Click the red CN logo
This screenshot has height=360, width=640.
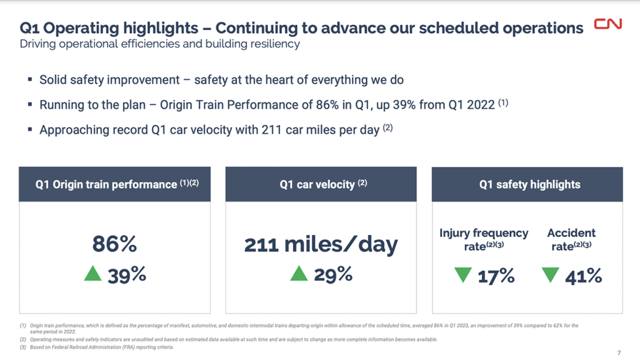(607, 25)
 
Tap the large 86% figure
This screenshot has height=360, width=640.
(114, 244)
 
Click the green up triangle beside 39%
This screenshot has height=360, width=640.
(92, 273)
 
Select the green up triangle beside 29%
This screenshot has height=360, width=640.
(299, 273)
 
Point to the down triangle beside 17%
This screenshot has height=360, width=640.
(463, 274)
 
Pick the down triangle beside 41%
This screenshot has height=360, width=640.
(551, 274)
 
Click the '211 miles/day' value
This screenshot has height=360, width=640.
(321, 244)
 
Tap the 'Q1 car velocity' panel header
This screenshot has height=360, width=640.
(321, 184)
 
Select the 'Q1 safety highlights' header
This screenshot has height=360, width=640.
(529, 184)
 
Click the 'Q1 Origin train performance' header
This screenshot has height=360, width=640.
(114, 184)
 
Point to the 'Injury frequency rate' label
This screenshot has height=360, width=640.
(483, 239)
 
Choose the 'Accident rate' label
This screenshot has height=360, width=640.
(571, 239)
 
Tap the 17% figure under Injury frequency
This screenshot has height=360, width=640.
(496, 275)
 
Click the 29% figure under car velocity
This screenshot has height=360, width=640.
(333, 274)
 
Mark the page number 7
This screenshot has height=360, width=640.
(619, 352)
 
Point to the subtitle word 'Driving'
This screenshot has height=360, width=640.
(39, 44)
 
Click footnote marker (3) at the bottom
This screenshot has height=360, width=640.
(24, 347)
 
